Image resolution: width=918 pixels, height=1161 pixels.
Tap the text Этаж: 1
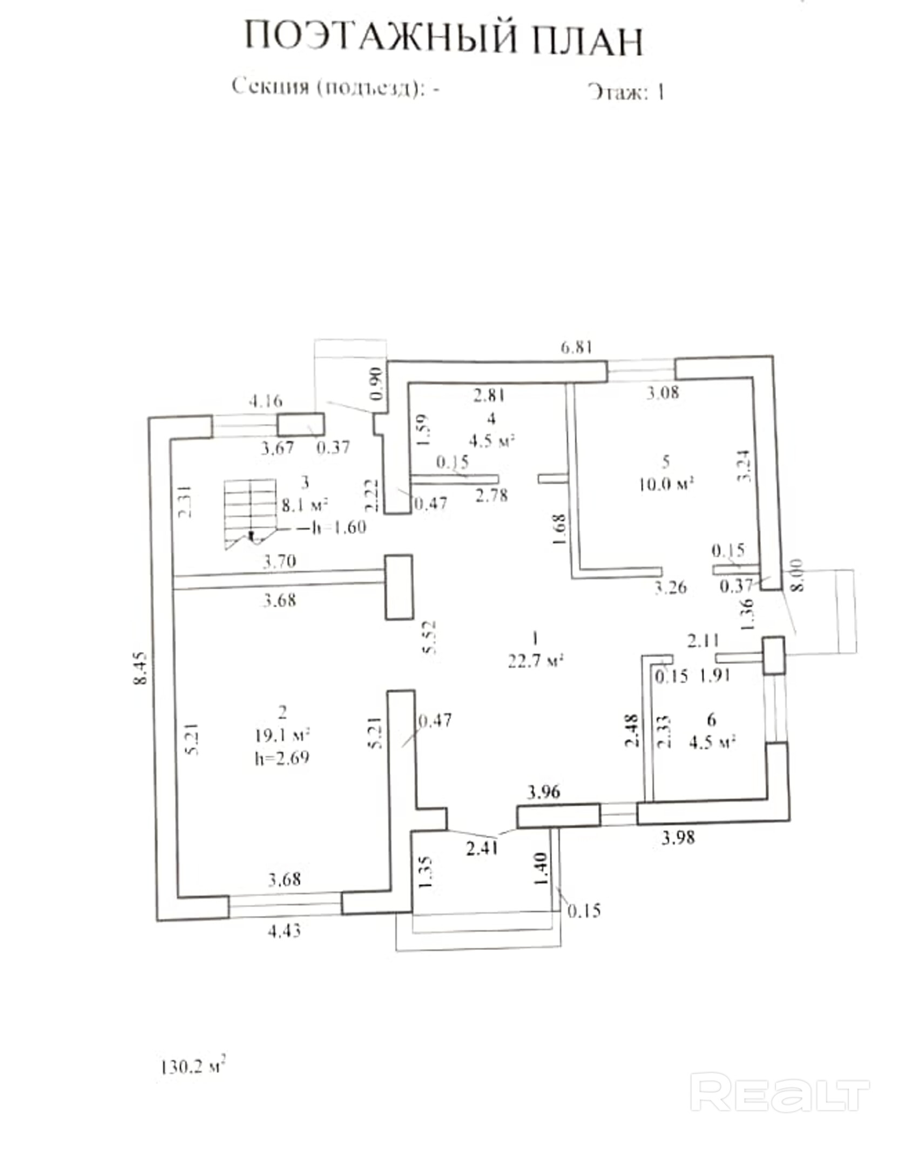(x=626, y=92)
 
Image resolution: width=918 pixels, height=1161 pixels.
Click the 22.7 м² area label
(x=536, y=661)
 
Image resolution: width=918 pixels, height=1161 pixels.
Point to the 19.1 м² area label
(x=282, y=735)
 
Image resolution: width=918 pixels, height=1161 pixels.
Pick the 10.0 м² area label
(x=665, y=484)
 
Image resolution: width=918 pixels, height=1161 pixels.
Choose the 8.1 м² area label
(x=305, y=505)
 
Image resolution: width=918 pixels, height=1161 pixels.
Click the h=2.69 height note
(x=282, y=758)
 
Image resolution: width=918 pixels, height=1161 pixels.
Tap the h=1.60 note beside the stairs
(x=340, y=527)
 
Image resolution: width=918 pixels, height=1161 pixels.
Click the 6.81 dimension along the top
(x=576, y=347)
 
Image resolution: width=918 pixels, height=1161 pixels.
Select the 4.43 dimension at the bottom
(x=284, y=931)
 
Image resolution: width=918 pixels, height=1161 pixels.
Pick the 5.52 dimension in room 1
(x=430, y=637)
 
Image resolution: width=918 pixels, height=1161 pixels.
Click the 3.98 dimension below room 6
(x=678, y=838)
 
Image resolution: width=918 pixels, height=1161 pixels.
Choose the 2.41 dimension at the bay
(x=482, y=849)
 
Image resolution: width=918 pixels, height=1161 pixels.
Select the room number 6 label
(x=711, y=719)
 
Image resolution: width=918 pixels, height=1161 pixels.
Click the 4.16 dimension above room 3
(x=265, y=401)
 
